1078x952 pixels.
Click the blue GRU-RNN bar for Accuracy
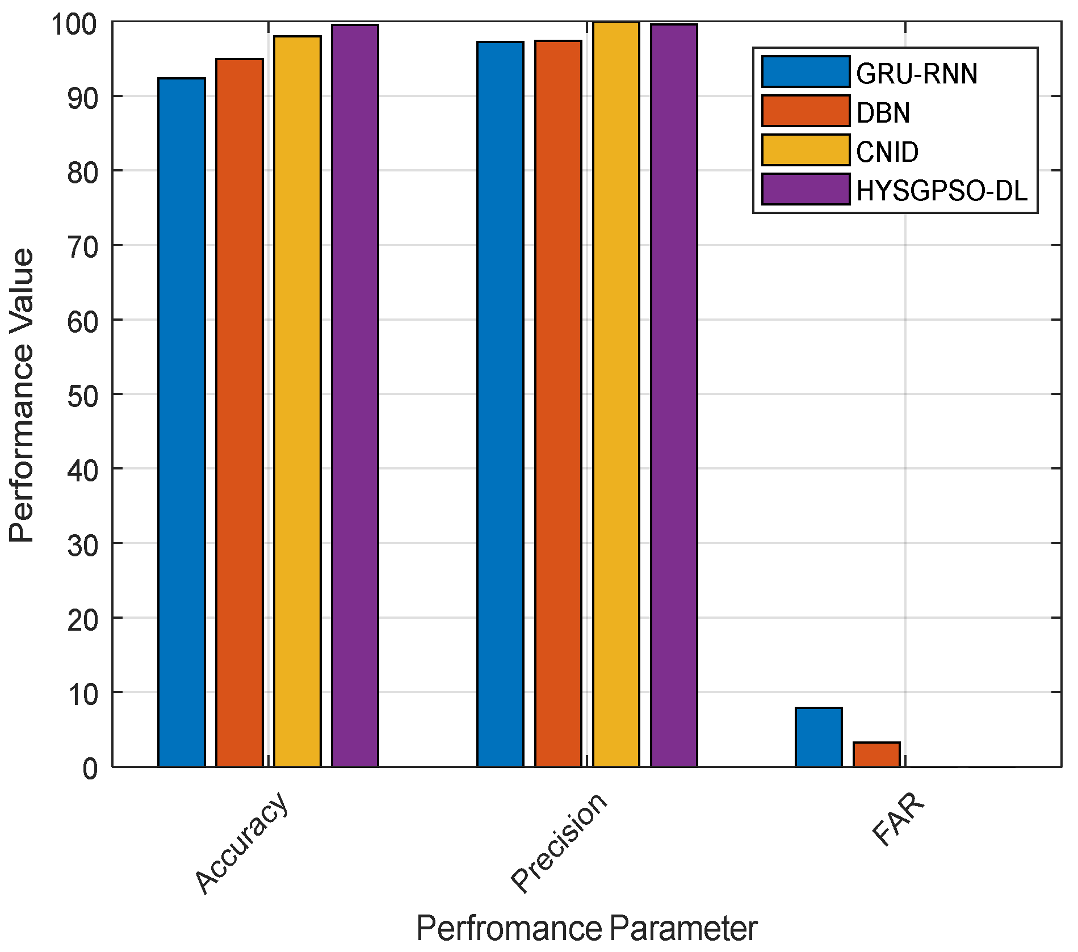pos(182,422)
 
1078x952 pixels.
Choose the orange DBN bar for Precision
pos(558,404)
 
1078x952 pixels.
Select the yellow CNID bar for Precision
pos(616,395)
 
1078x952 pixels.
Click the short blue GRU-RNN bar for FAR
pos(819,737)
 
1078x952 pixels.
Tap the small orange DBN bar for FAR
pos(876,754)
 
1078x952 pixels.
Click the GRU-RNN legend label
pos(916,74)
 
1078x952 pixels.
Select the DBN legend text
pos(883,113)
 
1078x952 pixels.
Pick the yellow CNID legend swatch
pos(806,150)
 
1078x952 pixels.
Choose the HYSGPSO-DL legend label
pos(941,191)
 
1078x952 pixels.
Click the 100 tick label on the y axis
pos(74,24)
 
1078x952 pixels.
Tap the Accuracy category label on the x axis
pos(242,842)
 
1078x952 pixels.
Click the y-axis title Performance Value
pos(22,395)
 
